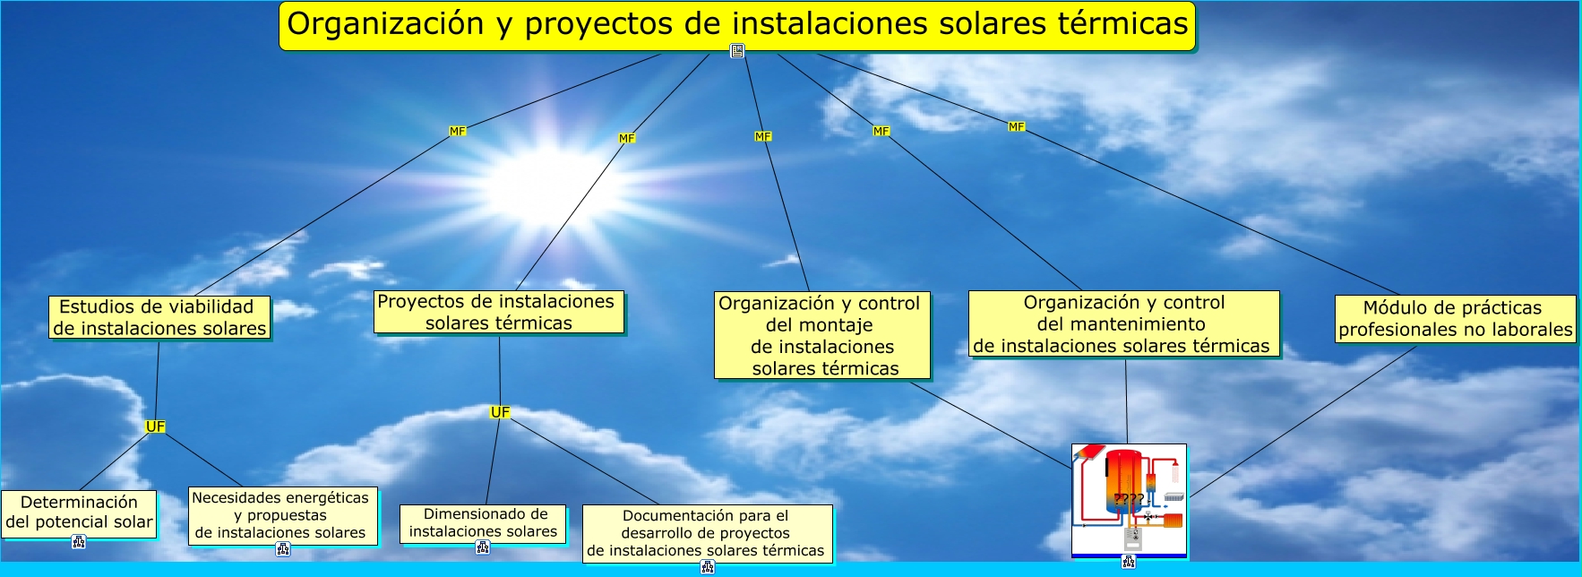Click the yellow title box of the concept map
pos(736,25)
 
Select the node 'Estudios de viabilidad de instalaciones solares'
pos(159,318)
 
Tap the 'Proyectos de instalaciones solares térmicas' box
pos(499,312)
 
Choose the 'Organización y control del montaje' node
pos(822,335)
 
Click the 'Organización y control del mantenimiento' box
pos(1123,323)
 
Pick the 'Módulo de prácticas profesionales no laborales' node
pos(1455,319)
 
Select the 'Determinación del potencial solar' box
pos(79,513)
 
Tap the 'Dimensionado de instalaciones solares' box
pos(483,523)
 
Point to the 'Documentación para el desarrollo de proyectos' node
pos(707,533)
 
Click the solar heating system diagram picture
pos(1129,500)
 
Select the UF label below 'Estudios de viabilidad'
pos(155,426)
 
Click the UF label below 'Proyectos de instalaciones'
pos(500,412)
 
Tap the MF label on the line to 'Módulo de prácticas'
pos(1016,126)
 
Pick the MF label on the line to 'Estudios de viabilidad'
pos(458,131)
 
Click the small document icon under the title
pos(737,51)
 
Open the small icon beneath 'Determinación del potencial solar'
pos(79,541)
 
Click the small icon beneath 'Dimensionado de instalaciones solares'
pos(483,547)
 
